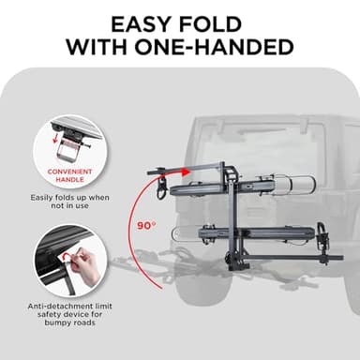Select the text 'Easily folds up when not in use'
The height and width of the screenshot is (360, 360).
[x=70, y=202]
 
